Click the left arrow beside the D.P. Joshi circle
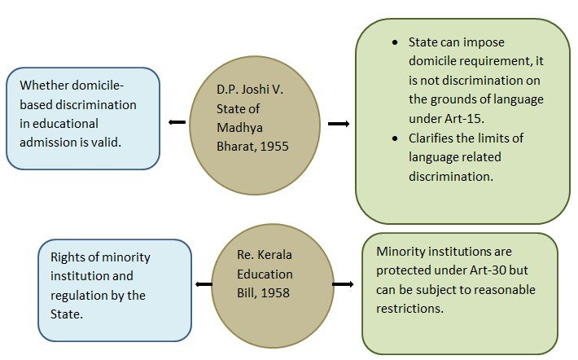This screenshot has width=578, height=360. pos(177,122)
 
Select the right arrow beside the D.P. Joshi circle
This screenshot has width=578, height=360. pos(339,124)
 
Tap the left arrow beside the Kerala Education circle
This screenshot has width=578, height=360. pos(204,284)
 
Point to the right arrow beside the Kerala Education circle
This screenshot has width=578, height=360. pos(343,284)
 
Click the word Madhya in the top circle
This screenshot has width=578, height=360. pos(239,128)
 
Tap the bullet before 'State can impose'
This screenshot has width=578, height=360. pos(395,43)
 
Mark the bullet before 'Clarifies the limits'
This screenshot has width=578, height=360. pos(395,138)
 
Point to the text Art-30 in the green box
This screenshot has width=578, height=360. pos(488,270)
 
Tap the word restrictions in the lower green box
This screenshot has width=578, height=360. pos(409,309)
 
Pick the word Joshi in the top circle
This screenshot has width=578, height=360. pos(251,90)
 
